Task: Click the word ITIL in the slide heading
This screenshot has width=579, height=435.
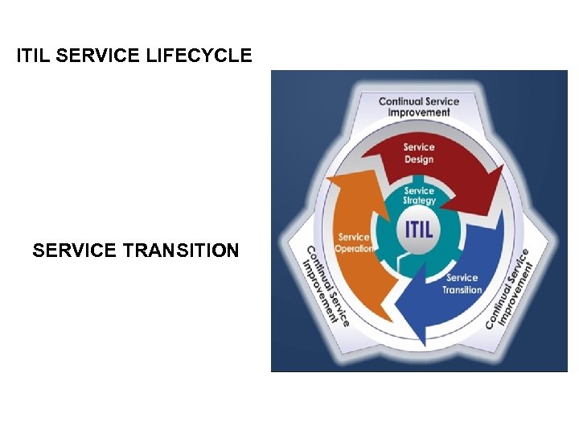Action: (x=35, y=56)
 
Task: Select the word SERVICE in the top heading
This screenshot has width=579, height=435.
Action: (x=100, y=56)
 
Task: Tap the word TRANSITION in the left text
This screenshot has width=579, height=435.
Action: (x=182, y=251)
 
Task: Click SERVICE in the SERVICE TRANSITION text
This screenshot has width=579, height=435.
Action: (x=75, y=251)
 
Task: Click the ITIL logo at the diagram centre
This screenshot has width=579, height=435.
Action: (x=418, y=228)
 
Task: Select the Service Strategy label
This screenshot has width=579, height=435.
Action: (x=419, y=196)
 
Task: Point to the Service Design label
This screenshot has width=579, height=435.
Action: (x=419, y=153)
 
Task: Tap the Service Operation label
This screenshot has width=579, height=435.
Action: (x=355, y=242)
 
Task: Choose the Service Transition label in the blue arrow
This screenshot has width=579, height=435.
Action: (x=462, y=284)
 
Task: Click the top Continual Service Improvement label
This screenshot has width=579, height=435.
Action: (x=419, y=106)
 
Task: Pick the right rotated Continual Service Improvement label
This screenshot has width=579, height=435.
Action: (x=510, y=288)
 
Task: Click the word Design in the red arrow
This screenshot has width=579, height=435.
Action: (x=419, y=159)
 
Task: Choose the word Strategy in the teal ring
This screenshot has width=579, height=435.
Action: (x=420, y=201)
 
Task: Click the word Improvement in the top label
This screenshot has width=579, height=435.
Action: (x=419, y=113)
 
